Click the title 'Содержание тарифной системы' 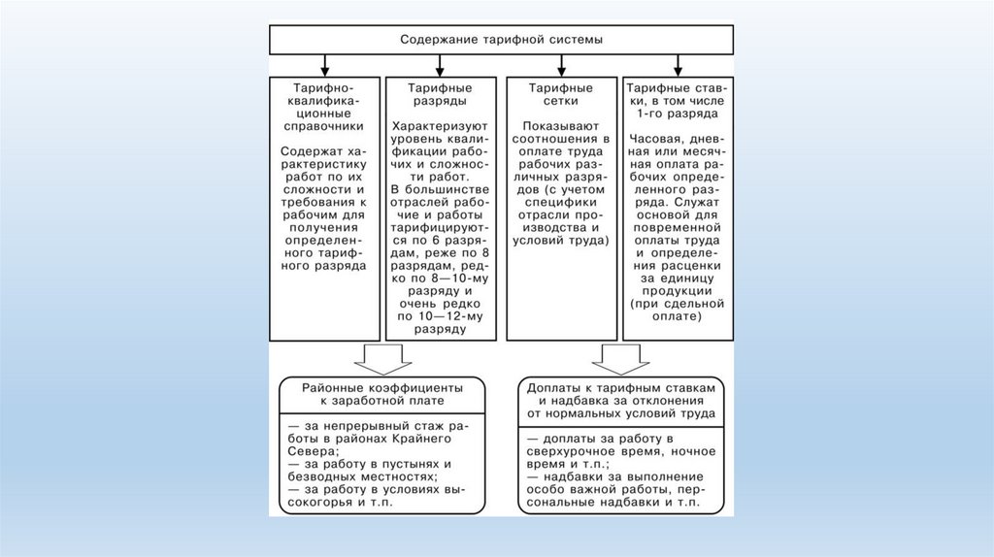pyautogui.click(x=501, y=41)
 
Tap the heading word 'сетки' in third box pyautogui.click(x=554, y=100)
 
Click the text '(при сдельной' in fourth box pyautogui.click(x=675, y=303)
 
